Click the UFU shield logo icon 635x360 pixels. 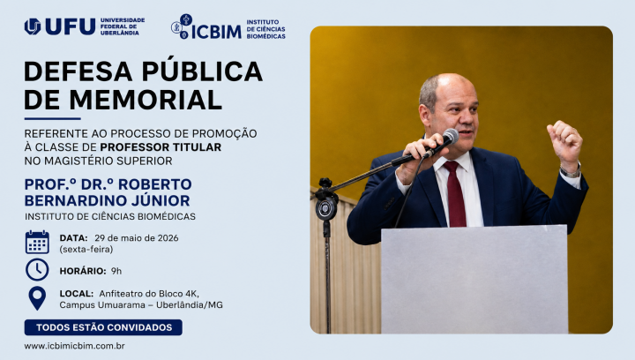33,26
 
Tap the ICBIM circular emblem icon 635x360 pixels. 182,26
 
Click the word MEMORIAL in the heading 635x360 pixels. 146,100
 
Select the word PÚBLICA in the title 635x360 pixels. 202,71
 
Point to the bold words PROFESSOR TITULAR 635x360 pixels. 161,147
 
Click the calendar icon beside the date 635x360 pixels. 37,242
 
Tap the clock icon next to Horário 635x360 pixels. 37,270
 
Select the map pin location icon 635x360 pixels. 37,298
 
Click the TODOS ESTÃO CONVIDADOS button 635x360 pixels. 103,327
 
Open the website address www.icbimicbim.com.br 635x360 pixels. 74,346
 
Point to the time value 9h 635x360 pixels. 116,271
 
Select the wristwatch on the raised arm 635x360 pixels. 571,172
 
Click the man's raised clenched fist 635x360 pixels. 564,141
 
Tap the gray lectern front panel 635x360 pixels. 474,280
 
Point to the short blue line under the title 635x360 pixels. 53,118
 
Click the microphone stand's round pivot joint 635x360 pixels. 326,208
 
